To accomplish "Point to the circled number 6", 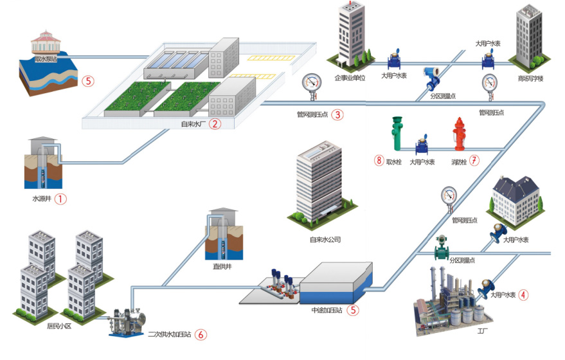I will pyautogui.click(x=201, y=334).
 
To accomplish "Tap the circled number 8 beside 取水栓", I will pyautogui.click(x=379, y=161).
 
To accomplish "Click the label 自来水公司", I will pyautogui.click(x=326, y=240).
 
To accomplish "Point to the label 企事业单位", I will pyautogui.click(x=350, y=78).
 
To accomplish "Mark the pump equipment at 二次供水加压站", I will pyautogui.click(x=126, y=319).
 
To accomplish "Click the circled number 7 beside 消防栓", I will pyautogui.click(x=474, y=161).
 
